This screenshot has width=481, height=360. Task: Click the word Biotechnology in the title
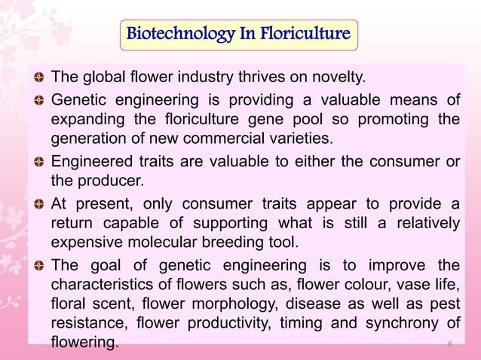pyautogui.click(x=174, y=34)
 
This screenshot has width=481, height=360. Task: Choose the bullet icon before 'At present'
pyautogui.click(x=38, y=207)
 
